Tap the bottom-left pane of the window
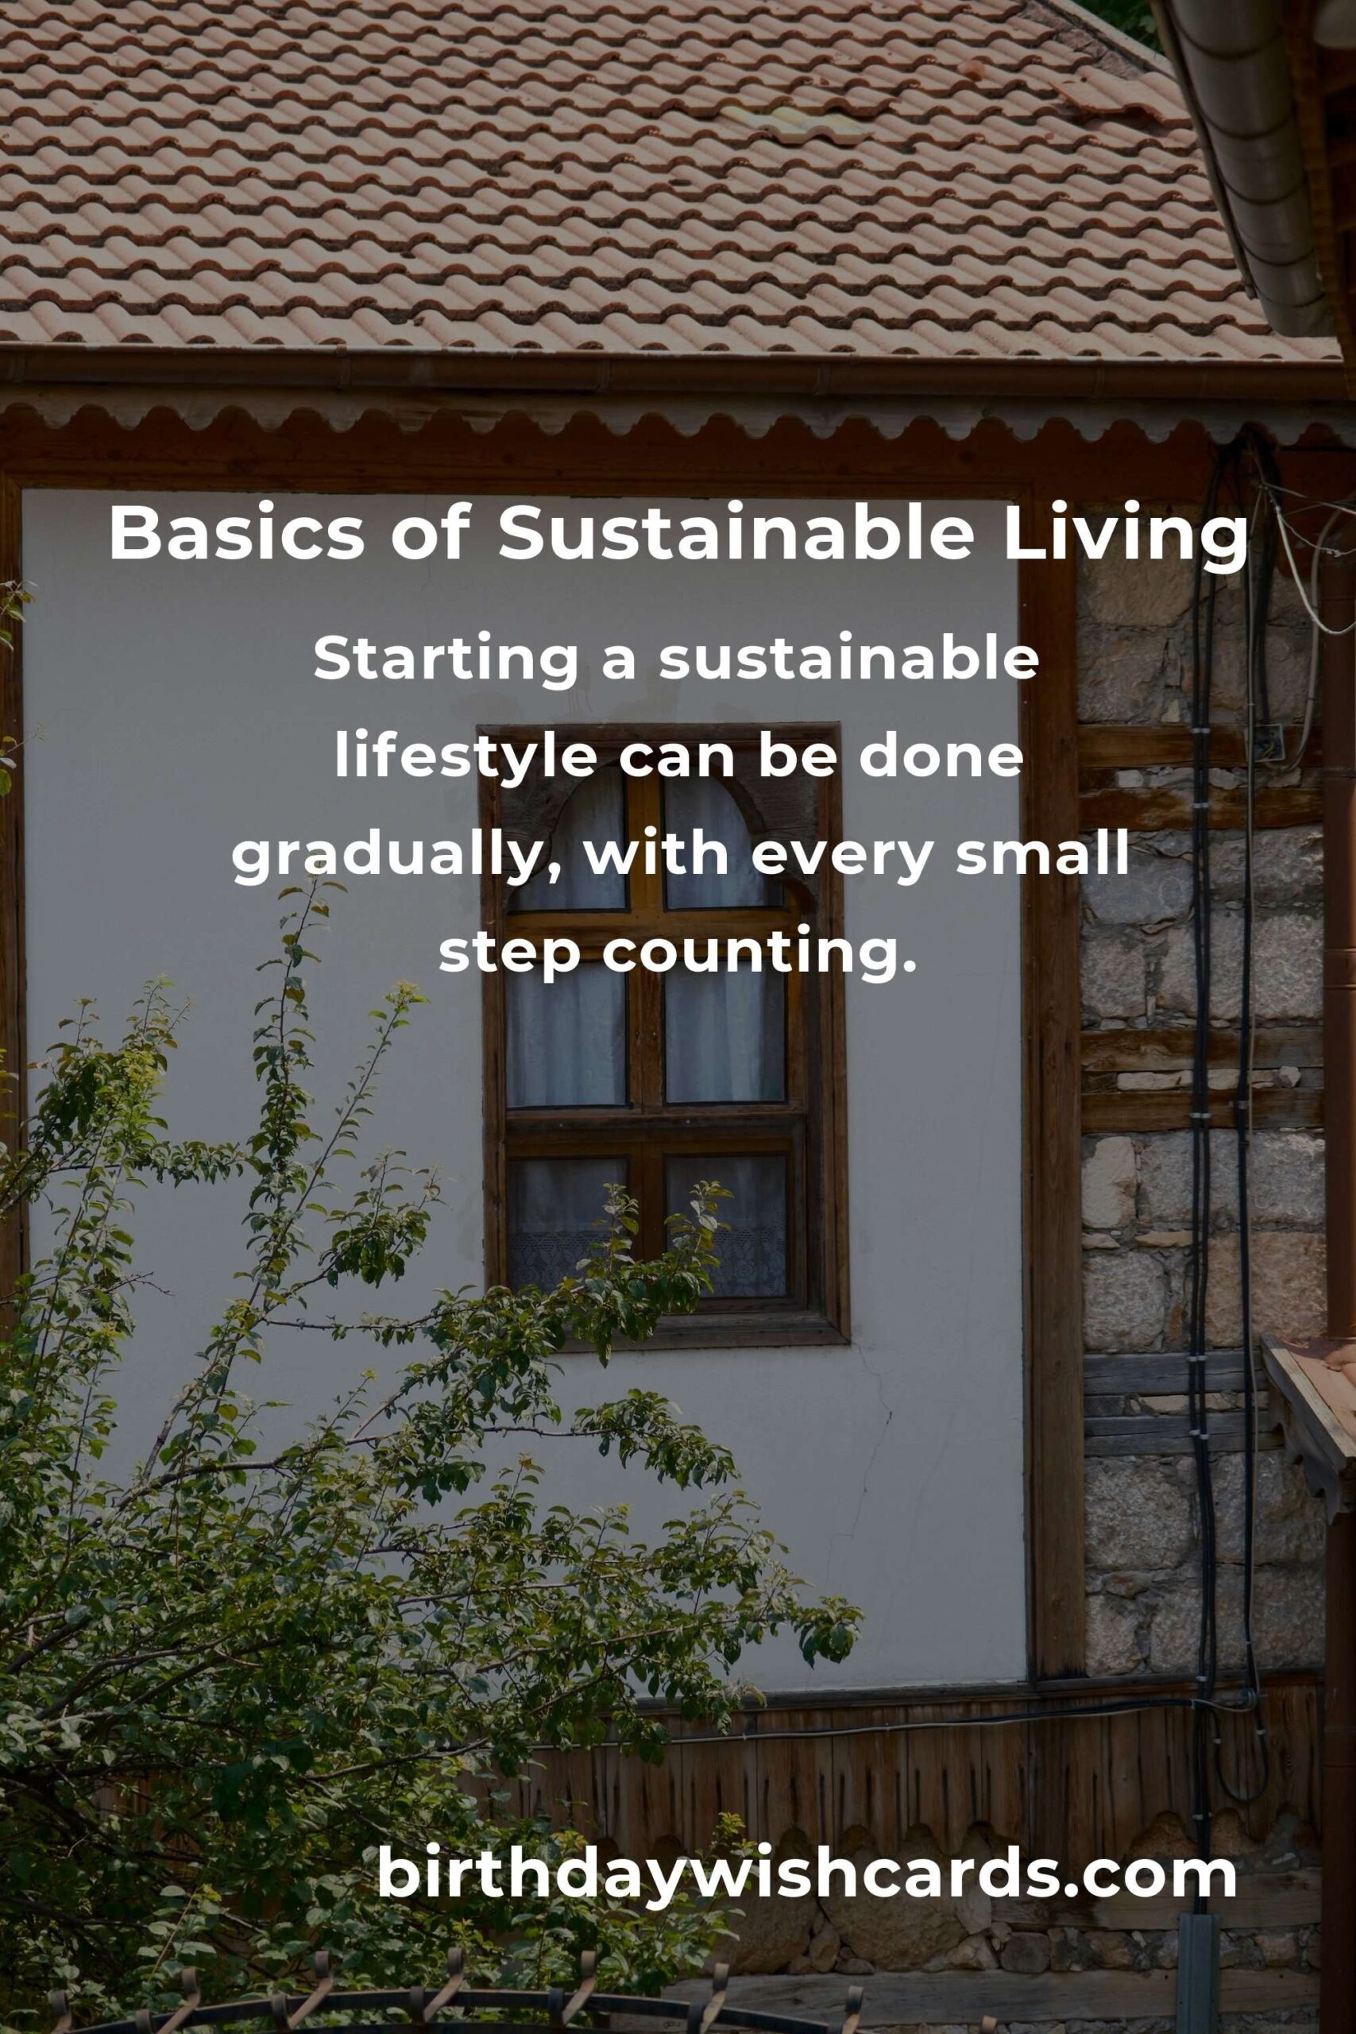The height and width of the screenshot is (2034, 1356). pyautogui.click(x=566, y=1224)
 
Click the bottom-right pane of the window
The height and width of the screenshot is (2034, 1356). pyautogui.click(x=725, y=1224)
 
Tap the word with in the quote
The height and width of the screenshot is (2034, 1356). pyautogui.click(x=656, y=853)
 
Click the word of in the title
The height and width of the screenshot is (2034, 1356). pyautogui.click(x=431, y=534)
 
